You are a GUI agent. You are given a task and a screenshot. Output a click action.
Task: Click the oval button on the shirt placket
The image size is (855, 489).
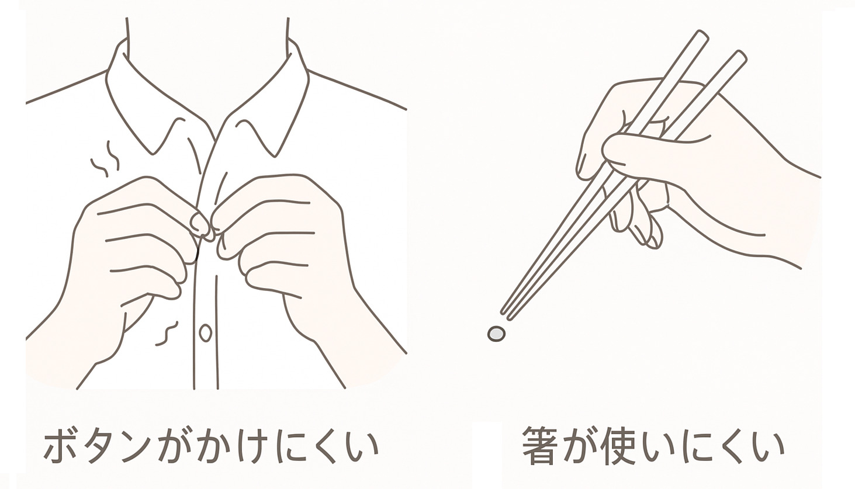(x=205, y=333)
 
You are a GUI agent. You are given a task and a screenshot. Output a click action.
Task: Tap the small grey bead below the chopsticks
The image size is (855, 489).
(x=496, y=334)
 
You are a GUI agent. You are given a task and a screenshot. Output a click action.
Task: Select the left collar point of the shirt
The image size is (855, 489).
(x=153, y=154)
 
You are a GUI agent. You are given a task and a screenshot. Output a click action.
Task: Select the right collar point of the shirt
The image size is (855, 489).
(x=274, y=156)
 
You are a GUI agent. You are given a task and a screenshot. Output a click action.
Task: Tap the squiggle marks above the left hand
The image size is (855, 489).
(x=105, y=160)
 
